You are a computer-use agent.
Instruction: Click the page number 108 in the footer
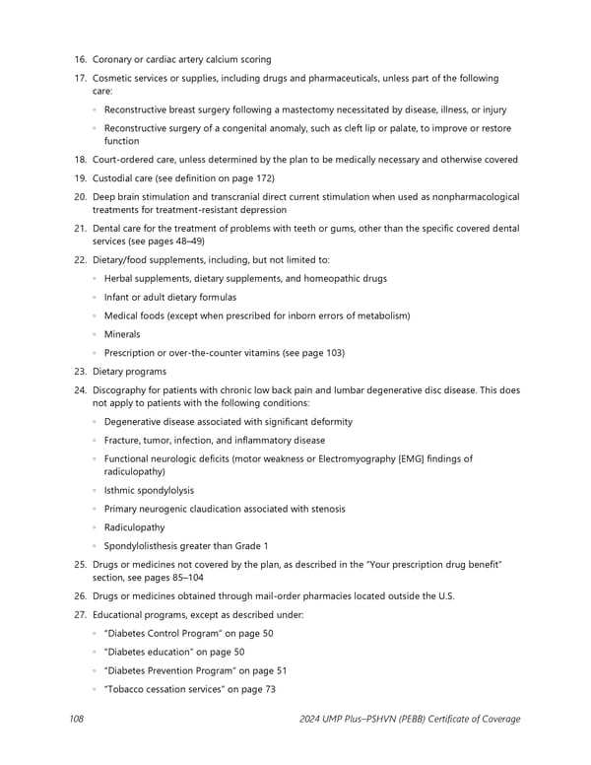coord(76,719)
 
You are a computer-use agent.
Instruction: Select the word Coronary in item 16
coord(113,60)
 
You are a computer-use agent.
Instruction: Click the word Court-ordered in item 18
coord(124,160)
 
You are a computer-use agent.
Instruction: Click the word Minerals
coord(122,334)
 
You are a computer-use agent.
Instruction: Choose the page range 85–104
coord(184,577)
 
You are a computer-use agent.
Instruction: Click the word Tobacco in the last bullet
coord(127,688)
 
